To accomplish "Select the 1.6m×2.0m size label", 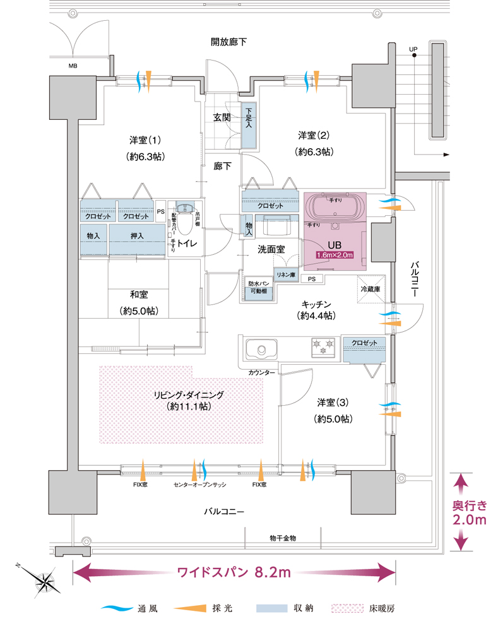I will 335,255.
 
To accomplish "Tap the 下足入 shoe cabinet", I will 248,125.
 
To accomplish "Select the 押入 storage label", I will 137,236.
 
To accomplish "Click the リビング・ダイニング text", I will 188,394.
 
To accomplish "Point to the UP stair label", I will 413,49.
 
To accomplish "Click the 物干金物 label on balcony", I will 283,538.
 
